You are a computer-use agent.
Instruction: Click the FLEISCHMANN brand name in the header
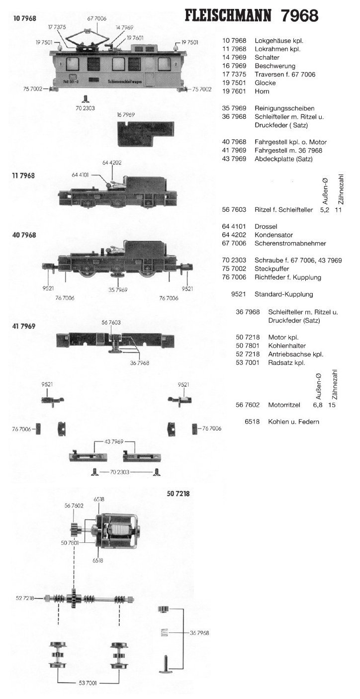[228, 16]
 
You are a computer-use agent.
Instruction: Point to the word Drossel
[266, 226]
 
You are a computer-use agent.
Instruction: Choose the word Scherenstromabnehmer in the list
[290, 243]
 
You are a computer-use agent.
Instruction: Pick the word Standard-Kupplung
[284, 294]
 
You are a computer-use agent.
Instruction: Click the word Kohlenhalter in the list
[287, 345]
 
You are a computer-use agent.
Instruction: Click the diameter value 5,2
[325, 210]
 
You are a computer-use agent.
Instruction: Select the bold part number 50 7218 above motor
[178, 494]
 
